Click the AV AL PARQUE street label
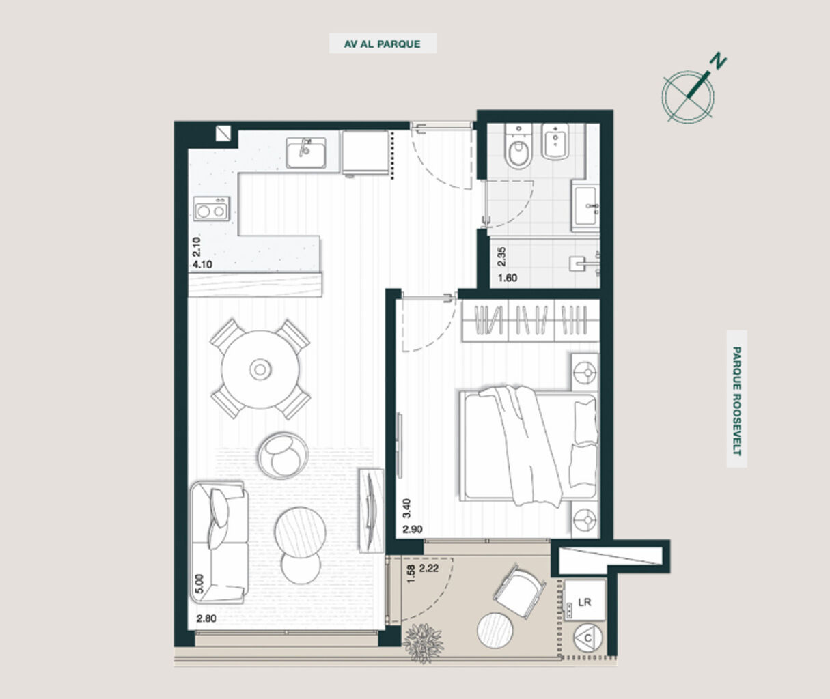(x=383, y=44)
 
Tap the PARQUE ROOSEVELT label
(x=736, y=401)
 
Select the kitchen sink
(x=306, y=152)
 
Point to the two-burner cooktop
(x=212, y=209)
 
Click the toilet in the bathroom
(x=518, y=147)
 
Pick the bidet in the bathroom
(x=555, y=142)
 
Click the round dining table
(x=260, y=369)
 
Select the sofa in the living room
(x=219, y=543)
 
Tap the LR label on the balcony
(x=584, y=602)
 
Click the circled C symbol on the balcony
(x=587, y=638)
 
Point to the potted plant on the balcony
(x=423, y=644)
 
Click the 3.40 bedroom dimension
(x=407, y=509)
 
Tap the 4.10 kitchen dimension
(x=202, y=264)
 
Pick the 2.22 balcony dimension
(x=429, y=569)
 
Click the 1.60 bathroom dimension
(x=508, y=278)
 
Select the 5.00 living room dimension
(x=199, y=584)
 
